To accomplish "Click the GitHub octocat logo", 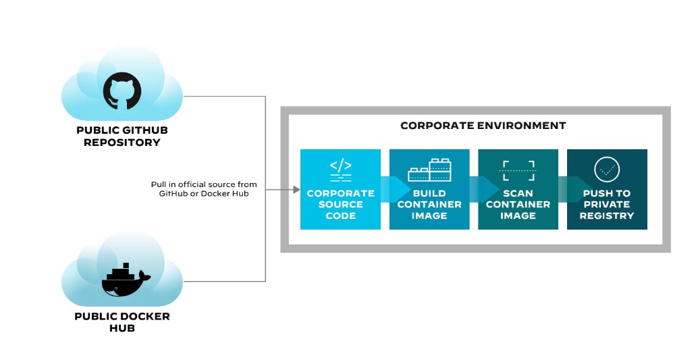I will pyautogui.click(x=122, y=93).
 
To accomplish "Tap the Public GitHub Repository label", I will pyautogui.click(x=122, y=136).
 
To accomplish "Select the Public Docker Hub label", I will pyautogui.click(x=122, y=322).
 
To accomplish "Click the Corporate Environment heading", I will pyautogui.click(x=483, y=126).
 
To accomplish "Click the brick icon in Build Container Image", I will pyautogui.click(x=429, y=170).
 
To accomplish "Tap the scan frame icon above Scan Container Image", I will pyautogui.click(x=518, y=170).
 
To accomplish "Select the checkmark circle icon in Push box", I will pyautogui.click(x=607, y=170).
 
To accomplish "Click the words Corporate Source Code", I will pyautogui.click(x=340, y=204).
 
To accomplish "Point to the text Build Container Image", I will pyautogui.click(x=429, y=204).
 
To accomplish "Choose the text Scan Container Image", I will pyautogui.click(x=518, y=204).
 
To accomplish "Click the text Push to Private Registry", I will pyautogui.click(x=607, y=204).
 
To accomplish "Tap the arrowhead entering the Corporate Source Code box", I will pyautogui.click(x=295, y=190).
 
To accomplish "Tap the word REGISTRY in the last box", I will pyautogui.click(x=607, y=215).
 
